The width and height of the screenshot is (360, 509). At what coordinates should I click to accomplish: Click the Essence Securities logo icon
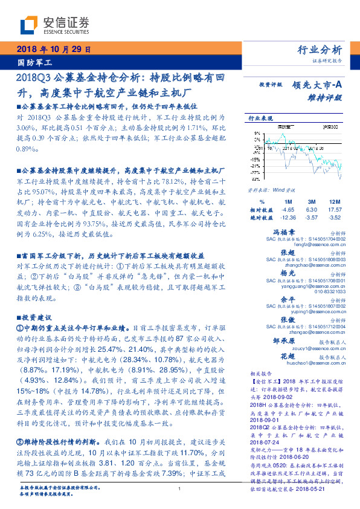click(x=29, y=25)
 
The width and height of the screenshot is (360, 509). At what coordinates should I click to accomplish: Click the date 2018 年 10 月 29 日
click(x=53, y=50)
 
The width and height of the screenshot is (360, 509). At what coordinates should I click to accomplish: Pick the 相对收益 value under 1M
click(x=288, y=209)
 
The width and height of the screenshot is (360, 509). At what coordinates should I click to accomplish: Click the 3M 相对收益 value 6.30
click(x=312, y=209)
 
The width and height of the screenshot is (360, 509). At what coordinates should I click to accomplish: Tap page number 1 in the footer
click(x=179, y=489)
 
